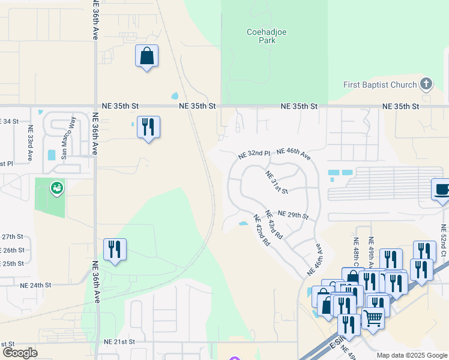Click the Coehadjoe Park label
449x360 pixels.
[261, 36]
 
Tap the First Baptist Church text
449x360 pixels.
[380, 85]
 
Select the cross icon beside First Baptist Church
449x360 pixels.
[426, 84]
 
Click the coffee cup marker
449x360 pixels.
[441, 190]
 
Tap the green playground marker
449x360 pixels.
[57, 189]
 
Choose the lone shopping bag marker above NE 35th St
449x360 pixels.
[147, 56]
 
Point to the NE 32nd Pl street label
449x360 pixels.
[255, 154]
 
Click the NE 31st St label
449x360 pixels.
[277, 182]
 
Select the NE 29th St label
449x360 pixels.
[294, 215]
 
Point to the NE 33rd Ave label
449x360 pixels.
[29, 142]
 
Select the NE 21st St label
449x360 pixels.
[120, 341]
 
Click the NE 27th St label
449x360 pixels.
[12, 237]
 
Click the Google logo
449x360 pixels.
[20, 353]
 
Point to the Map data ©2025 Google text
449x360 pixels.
[411, 355]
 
